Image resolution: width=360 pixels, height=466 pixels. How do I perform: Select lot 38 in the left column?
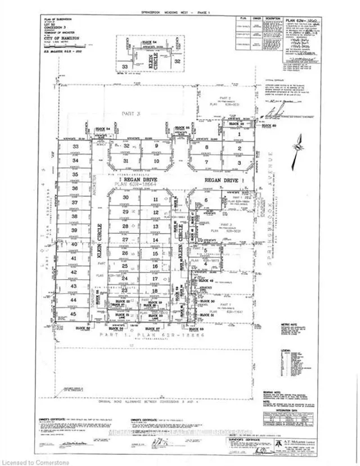[x=74, y=217]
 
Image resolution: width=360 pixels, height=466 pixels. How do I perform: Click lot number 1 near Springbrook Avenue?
[x=239, y=135]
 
